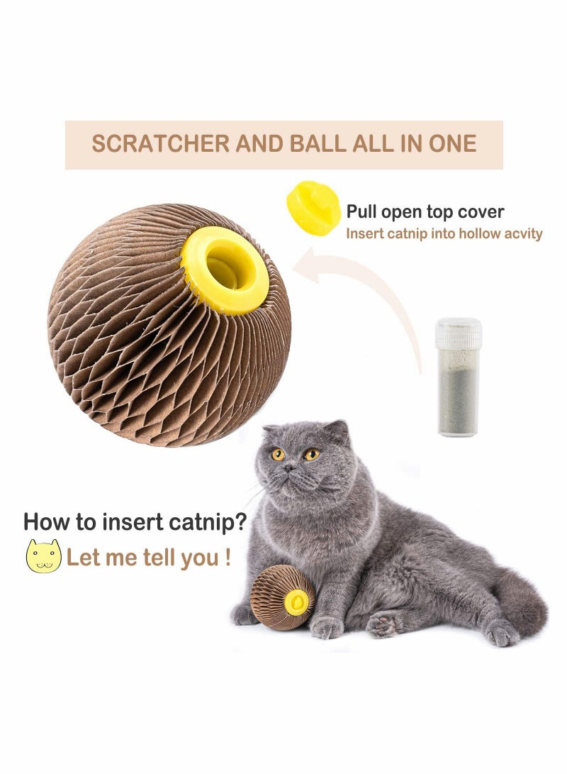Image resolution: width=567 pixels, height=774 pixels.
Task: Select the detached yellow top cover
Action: coord(313,207)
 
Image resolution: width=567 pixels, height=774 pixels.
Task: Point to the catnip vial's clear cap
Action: coord(458,333)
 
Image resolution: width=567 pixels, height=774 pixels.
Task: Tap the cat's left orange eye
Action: coord(277,454)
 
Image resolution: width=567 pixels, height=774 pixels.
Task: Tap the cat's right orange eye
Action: coord(311,453)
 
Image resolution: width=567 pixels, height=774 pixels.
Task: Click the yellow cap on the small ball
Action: coord(296,602)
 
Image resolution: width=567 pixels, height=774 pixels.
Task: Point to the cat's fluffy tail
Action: coord(521,603)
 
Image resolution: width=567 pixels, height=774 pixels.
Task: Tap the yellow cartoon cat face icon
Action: coord(43,556)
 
